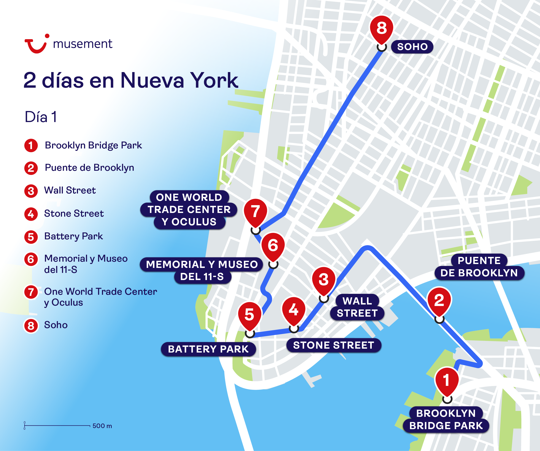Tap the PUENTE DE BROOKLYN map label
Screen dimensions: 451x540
(479, 267)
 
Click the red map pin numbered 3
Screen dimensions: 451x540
(324, 280)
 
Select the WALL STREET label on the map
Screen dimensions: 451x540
(357, 307)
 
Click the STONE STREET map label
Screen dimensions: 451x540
(334, 345)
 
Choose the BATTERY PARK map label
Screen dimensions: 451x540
(208, 349)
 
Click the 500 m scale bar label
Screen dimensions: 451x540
(102, 426)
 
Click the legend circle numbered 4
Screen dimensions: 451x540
(31, 214)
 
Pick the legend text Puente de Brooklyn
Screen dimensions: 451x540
(89, 168)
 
